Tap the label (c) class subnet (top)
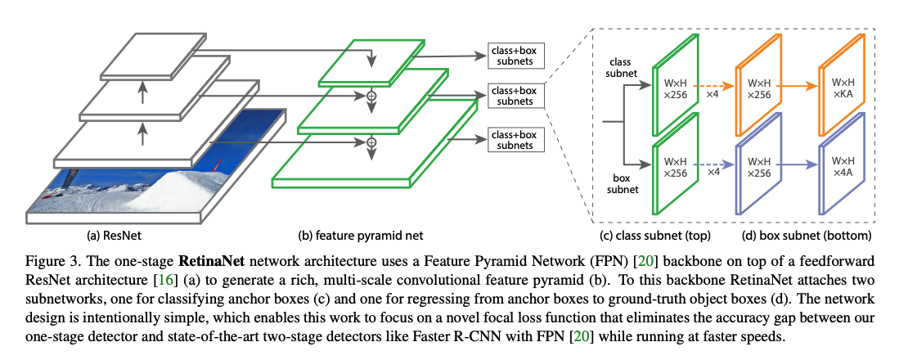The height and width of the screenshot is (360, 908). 655,235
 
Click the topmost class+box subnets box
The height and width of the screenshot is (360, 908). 514,56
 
